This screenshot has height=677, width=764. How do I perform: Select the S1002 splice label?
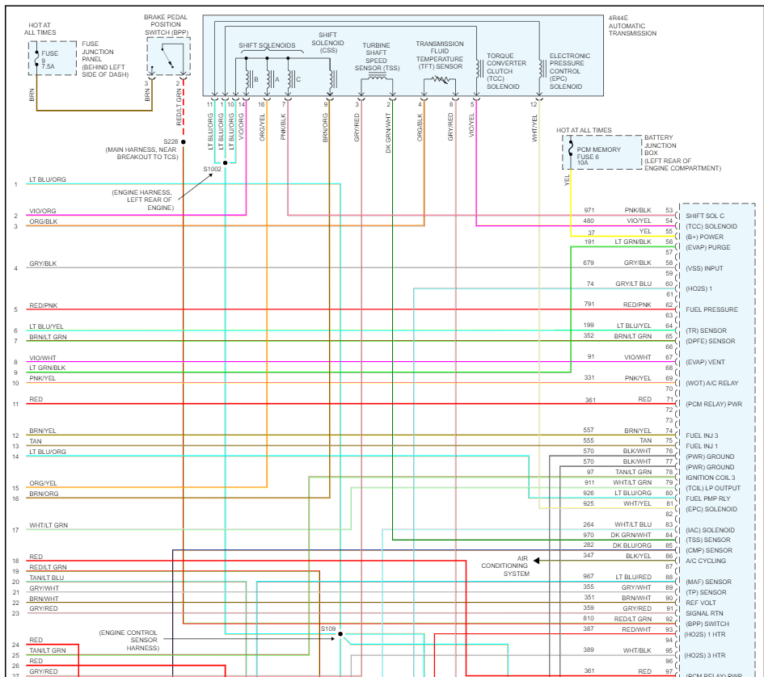[x=212, y=169]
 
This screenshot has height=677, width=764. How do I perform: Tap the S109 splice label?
[x=327, y=628]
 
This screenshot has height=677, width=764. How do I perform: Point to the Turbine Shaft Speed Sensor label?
[x=376, y=57]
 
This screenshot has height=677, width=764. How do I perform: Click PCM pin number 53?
[x=669, y=210]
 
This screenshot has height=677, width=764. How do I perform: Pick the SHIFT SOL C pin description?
[x=705, y=216]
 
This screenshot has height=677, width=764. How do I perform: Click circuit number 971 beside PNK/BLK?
[x=589, y=210]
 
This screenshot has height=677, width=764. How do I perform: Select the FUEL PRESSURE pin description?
[x=711, y=309]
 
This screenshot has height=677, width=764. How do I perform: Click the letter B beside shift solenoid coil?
[x=256, y=79]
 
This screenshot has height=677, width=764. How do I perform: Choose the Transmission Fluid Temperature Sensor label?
[x=440, y=55]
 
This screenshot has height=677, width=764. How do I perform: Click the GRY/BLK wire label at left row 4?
[x=43, y=264]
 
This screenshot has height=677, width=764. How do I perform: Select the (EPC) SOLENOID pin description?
[x=711, y=509]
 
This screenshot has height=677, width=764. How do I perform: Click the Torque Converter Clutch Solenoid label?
[x=506, y=71]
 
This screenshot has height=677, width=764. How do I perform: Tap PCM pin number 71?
[x=669, y=399]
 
